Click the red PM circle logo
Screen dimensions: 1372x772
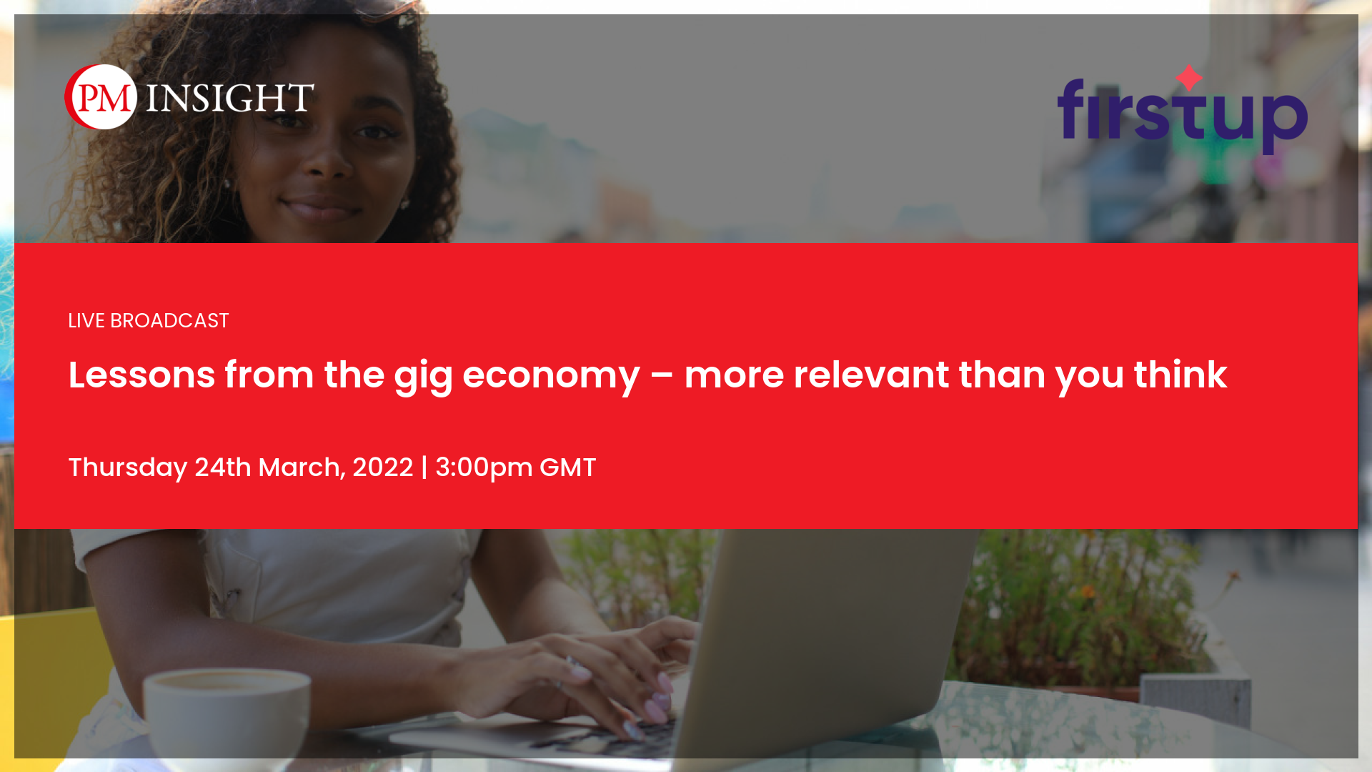pyautogui.click(x=101, y=97)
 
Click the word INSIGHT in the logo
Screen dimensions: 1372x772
pyautogui.click(x=230, y=98)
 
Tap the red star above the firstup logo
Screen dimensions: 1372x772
pyautogui.click(x=1189, y=78)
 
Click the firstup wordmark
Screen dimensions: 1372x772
pyautogui.click(x=1183, y=114)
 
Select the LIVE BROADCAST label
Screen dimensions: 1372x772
pyautogui.click(x=149, y=321)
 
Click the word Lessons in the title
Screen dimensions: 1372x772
pyautogui.click(x=141, y=375)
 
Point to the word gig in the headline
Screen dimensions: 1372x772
pyautogui.click(x=423, y=377)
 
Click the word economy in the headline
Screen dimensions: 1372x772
pyautogui.click(x=551, y=377)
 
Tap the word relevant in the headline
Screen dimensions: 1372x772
pyautogui.click(x=871, y=375)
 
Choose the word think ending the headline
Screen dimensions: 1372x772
pyautogui.click(x=1180, y=375)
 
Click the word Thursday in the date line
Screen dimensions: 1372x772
pyautogui.click(x=128, y=467)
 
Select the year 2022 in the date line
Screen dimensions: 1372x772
pyautogui.click(x=382, y=467)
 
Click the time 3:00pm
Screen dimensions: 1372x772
pyautogui.click(x=484, y=468)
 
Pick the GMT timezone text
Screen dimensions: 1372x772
pyautogui.click(x=567, y=467)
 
